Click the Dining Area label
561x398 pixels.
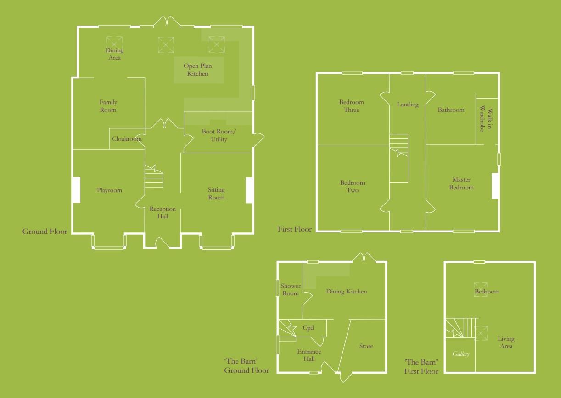coord(114,54)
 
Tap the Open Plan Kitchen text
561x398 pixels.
coord(198,70)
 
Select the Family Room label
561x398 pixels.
coord(108,106)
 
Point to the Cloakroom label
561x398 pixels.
coord(127,138)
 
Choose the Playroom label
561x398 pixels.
coord(109,190)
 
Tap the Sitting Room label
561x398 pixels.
coord(216,193)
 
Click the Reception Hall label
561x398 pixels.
coord(163,213)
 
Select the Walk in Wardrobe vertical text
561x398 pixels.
coord(485,120)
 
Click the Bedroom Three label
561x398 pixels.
coord(352,106)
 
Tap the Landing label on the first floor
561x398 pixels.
coord(408,105)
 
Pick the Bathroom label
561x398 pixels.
coord(451,110)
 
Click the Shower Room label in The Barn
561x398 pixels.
coord(291,290)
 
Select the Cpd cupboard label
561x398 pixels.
coord(308,328)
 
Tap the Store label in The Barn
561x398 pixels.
coord(366,346)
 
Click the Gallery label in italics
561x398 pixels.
coord(461,354)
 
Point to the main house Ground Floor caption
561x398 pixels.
coord(45,232)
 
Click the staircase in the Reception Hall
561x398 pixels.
coord(154,177)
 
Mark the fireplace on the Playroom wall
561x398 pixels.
coord(76,190)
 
